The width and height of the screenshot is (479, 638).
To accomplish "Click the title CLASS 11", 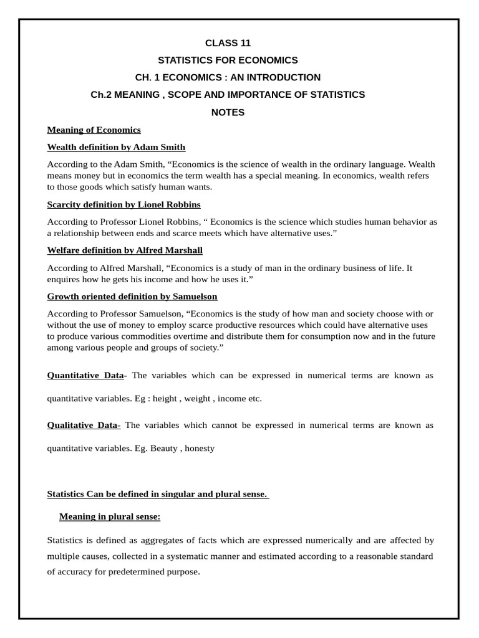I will pos(228,43).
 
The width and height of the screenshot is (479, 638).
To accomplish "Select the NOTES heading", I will pos(228,112).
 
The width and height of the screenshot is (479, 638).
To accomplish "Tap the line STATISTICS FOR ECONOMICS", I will pos(228,60).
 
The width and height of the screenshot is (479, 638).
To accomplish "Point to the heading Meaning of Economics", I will pos(94,130).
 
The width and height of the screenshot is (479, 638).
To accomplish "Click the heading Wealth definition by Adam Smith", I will pos(116,148).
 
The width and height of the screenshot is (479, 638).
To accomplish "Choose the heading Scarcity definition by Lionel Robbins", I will pos(124,204).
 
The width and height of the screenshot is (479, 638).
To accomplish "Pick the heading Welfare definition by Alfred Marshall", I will pos(125,250).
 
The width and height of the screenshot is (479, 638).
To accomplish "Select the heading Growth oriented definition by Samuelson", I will pos(132,297).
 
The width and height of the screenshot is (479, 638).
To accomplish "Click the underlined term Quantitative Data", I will pos(85,375).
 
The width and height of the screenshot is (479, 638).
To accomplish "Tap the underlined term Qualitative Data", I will pos(83,425).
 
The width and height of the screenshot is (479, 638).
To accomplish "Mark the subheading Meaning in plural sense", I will pos(110,517).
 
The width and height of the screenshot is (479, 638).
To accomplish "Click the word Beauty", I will pos(164,448).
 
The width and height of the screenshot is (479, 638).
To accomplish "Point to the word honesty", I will pos(200,448).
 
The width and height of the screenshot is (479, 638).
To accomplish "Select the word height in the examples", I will pos(165,398).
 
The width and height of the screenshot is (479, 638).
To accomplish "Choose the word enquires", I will pos(65,279).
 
